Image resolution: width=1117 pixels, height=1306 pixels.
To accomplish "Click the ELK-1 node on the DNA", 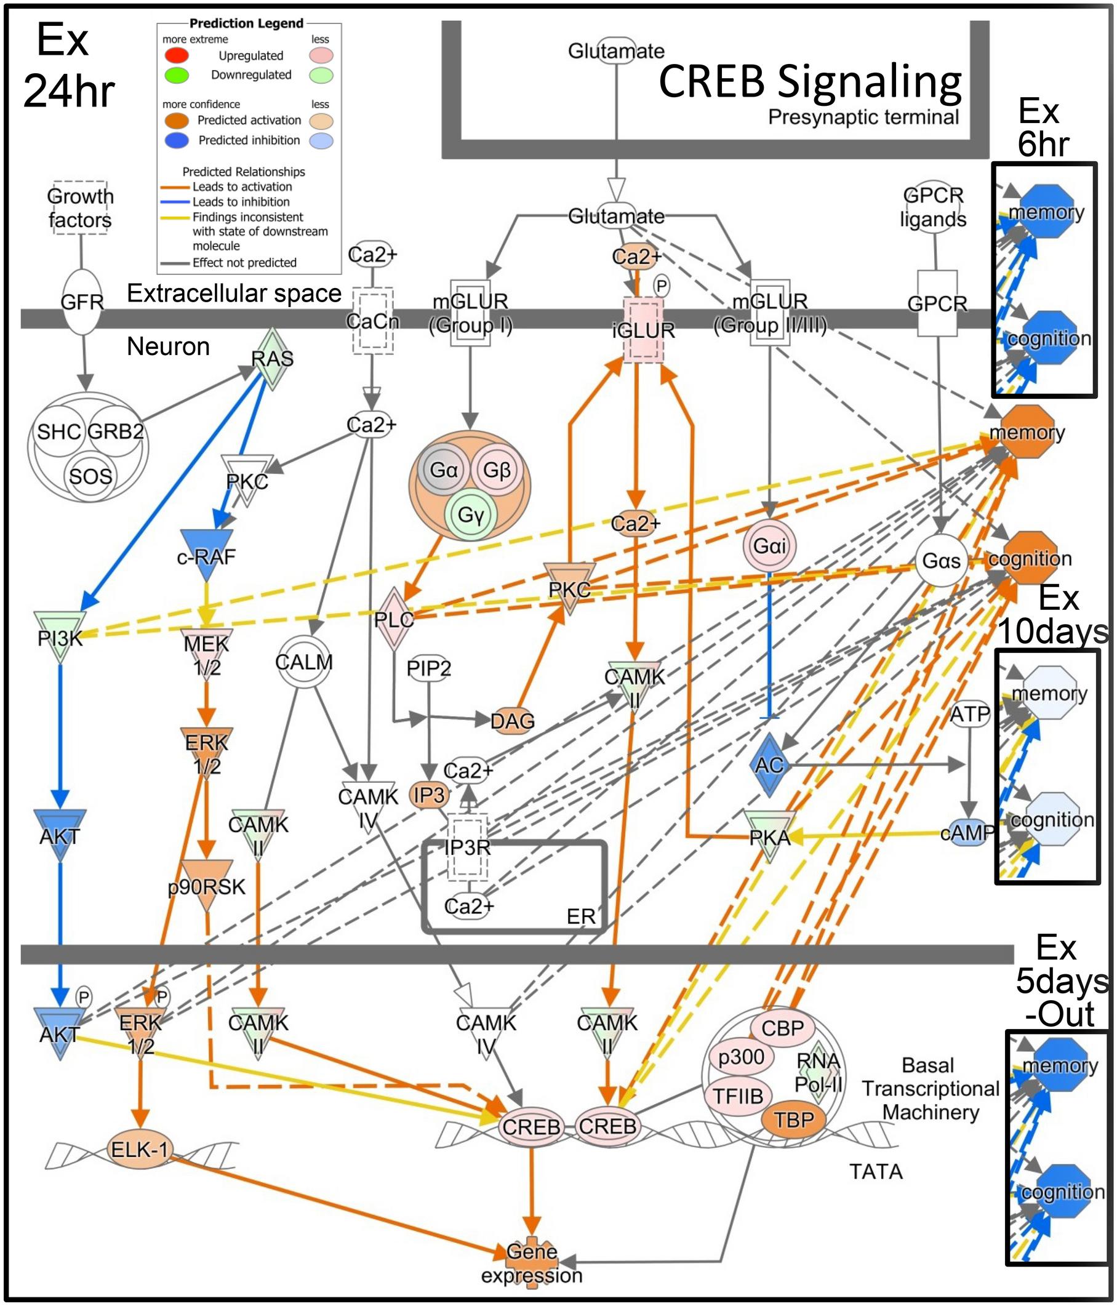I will click(139, 1149).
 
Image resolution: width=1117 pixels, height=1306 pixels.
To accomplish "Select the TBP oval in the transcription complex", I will click(794, 1120).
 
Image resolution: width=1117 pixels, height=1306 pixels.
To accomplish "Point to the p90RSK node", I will click(207, 884).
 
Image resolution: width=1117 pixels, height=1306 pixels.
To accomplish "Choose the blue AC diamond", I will click(769, 764).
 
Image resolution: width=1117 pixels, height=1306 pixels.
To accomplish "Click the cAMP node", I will click(967, 833).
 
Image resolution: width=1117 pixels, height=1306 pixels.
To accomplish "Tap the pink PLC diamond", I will click(393, 619).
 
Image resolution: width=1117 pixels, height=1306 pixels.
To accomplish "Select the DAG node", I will click(513, 721).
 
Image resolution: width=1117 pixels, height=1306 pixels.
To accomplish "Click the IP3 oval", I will click(430, 795).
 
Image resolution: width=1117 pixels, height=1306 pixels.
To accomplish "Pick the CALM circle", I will click(304, 662).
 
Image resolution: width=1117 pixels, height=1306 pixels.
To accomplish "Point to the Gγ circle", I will click(470, 515).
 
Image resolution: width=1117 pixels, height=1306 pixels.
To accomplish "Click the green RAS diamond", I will click(272, 358).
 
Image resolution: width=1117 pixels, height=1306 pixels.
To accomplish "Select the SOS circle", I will click(90, 476).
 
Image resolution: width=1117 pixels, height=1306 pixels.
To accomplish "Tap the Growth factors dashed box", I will click(80, 208).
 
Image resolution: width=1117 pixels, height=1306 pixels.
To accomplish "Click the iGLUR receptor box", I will click(643, 331).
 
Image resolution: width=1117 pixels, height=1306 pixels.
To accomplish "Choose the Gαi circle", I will click(769, 545).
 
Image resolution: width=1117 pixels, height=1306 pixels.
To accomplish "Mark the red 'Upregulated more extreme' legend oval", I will click(177, 55).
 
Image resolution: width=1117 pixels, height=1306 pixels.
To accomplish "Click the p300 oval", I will click(741, 1057).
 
